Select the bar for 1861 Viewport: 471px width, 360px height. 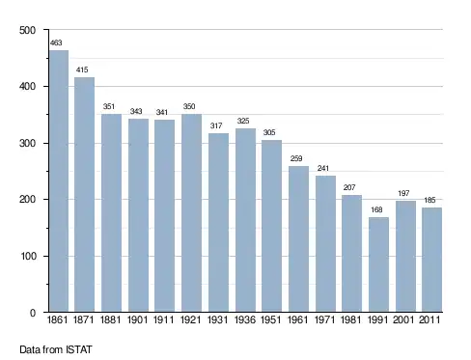point(59,181)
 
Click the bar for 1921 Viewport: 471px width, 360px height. point(191,213)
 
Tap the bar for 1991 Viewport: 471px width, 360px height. point(378,264)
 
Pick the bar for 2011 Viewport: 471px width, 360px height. point(431,260)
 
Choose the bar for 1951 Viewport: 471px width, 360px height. point(271,226)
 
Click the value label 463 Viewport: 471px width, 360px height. point(56,42)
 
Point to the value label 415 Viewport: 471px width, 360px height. point(82,69)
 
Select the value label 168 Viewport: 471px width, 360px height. point(376,210)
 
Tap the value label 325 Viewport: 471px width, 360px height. point(243,121)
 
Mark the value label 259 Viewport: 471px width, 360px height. point(296,158)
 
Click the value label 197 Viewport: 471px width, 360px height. point(403,193)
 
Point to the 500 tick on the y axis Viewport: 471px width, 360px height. point(27,30)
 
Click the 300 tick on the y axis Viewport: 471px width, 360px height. point(27,143)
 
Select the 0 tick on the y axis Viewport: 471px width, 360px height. point(33,313)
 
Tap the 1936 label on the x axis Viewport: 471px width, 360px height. point(245,319)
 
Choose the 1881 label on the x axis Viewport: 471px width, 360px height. point(110,319)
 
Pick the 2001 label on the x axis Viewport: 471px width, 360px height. point(403,319)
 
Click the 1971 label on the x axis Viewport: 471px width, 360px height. point(324,319)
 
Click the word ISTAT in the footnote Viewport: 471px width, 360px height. point(79,349)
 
